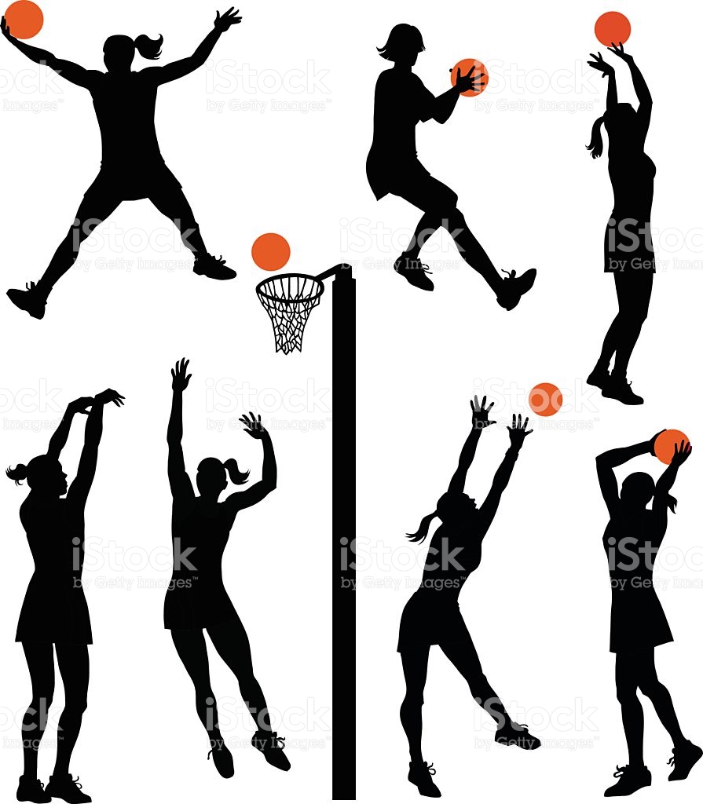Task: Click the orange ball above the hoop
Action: [x=271, y=252]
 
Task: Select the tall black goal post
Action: [x=343, y=550]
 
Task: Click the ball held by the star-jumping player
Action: [x=24, y=19]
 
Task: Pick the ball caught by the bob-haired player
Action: [x=471, y=76]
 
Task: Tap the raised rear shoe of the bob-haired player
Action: [x=516, y=287]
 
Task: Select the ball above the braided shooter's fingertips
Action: [x=612, y=29]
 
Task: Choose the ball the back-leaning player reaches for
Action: [x=545, y=400]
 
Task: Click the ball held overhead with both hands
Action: [x=670, y=446]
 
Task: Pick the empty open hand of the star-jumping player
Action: [x=228, y=20]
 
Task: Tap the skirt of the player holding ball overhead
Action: [x=639, y=620]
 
